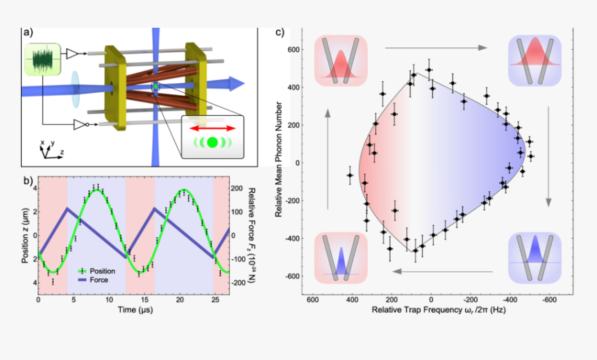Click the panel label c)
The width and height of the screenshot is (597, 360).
pyautogui.click(x=280, y=32)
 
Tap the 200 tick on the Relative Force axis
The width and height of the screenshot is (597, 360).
pyautogui.click(x=236, y=189)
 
